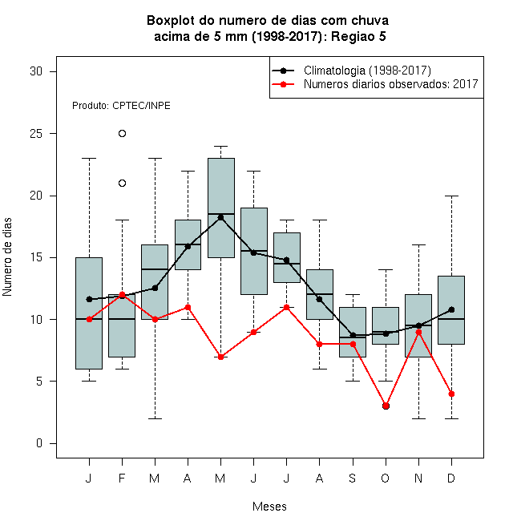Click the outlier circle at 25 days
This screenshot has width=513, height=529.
122,134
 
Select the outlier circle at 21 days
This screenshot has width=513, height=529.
122,184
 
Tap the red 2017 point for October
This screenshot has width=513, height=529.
386,406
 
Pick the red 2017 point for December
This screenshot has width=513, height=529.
451,394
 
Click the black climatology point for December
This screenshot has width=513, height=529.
451,309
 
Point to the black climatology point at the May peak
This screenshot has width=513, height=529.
220,217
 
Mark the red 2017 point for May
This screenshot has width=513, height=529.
220,357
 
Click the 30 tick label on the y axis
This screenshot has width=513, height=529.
36,71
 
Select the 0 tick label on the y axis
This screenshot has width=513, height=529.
39,443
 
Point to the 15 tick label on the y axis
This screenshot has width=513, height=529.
36,257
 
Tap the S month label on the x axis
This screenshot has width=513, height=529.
353,478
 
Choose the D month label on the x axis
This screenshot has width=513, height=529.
451,478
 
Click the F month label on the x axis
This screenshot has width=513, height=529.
122,478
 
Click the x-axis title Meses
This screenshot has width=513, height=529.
269,507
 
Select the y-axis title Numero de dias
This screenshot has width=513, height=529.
7,257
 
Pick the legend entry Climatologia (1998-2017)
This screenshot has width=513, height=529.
367,71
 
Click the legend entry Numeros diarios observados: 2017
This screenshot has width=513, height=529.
391,84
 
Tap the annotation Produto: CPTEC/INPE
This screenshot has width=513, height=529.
121,106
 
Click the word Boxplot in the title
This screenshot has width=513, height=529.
171,21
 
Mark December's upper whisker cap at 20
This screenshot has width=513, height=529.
451,196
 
